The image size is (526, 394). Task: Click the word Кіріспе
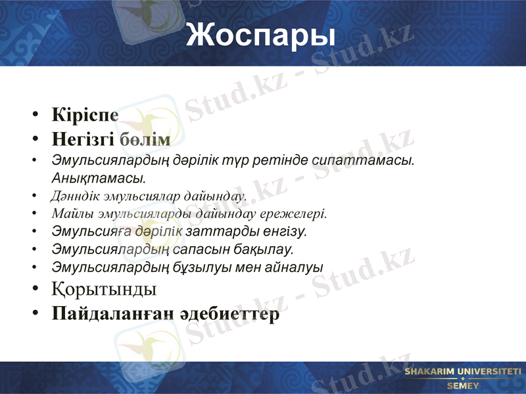(85, 114)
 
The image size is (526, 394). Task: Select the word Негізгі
(84, 139)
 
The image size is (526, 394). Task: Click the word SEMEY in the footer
(463, 385)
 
